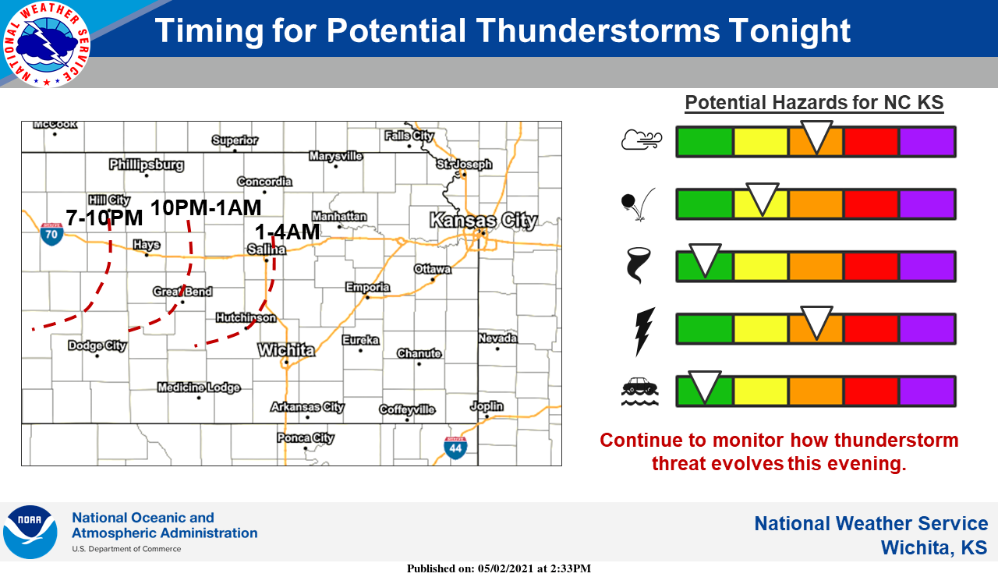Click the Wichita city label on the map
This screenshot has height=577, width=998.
click(x=286, y=350)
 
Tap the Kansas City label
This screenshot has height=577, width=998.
click(x=484, y=221)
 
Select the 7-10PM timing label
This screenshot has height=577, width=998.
click(x=104, y=218)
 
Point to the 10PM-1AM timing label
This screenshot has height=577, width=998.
click(x=206, y=207)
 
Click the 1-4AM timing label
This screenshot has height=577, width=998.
click(x=287, y=232)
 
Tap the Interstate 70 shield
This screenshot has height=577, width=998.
click(x=51, y=235)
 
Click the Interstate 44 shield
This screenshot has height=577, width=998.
click(x=455, y=448)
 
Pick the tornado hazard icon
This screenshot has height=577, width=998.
click(x=638, y=266)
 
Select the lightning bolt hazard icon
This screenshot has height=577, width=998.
click(x=645, y=332)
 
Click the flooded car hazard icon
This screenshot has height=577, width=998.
click(x=640, y=391)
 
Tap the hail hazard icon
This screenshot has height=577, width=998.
click(x=638, y=204)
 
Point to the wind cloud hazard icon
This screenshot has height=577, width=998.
click(x=642, y=140)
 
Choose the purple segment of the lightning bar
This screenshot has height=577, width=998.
click(x=927, y=329)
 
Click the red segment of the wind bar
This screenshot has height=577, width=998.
click(x=871, y=142)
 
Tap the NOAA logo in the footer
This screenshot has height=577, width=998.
click(x=30, y=532)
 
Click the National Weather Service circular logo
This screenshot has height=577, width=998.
click(x=46, y=44)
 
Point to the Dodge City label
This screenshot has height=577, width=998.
click(x=97, y=345)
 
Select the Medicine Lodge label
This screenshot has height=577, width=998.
click(x=199, y=388)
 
